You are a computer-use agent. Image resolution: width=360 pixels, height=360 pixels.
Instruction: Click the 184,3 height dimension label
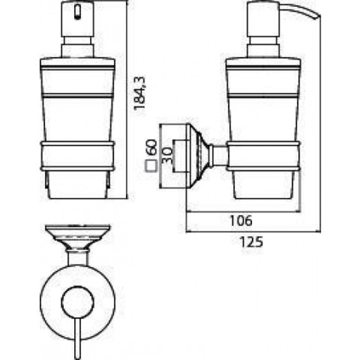click(140, 93)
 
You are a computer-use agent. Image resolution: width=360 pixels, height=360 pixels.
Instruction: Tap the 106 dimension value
click(241, 220)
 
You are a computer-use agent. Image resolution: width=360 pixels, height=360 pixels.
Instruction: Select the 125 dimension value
click(251, 242)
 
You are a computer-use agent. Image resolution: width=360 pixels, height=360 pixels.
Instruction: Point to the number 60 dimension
click(152, 147)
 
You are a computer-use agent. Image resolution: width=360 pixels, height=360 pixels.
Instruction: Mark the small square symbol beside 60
click(150, 166)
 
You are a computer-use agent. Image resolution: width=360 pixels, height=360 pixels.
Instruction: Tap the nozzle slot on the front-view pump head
click(78, 13)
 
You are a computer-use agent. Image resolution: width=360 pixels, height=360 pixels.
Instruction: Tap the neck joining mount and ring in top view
click(77, 258)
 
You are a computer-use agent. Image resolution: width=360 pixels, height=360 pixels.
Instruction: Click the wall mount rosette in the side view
click(198, 156)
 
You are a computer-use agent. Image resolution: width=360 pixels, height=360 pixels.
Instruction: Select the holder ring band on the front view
click(77, 156)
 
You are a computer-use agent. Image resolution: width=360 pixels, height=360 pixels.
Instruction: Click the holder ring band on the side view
click(263, 156)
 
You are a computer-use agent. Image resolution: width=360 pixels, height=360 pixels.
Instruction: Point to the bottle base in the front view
click(77, 185)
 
